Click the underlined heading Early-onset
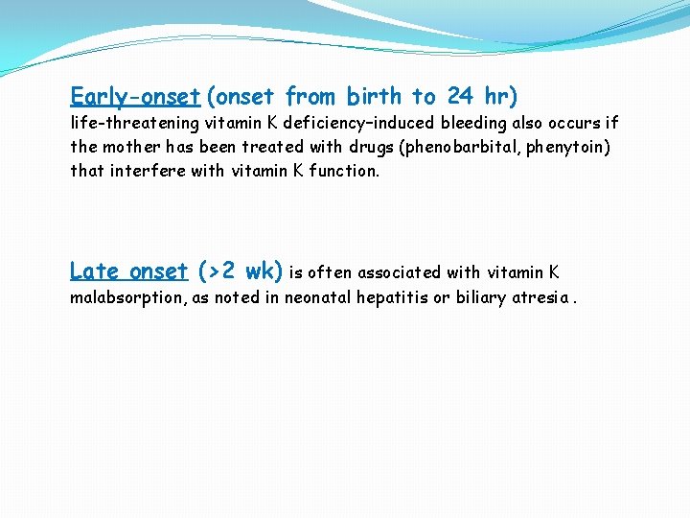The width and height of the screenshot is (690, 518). click(x=135, y=97)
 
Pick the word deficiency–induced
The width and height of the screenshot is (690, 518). click(x=358, y=123)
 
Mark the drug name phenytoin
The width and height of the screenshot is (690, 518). click(x=571, y=147)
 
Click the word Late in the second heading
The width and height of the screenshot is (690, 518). click(x=95, y=271)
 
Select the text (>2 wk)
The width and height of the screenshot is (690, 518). click(x=240, y=271)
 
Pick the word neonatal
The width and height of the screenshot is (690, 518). click(x=318, y=297)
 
